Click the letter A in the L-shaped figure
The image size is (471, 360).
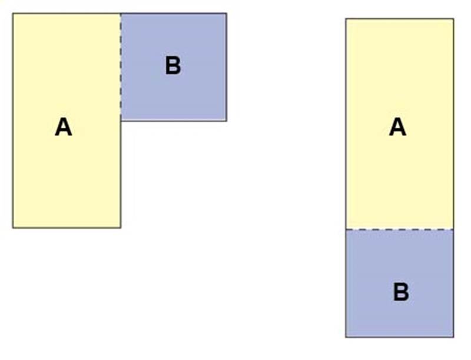click(64, 127)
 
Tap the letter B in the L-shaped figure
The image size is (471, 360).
click(173, 65)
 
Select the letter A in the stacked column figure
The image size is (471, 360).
click(398, 127)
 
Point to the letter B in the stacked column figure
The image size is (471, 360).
click(401, 292)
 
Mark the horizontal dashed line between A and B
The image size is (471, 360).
click(400, 229)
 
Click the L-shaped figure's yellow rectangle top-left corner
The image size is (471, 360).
click(13, 14)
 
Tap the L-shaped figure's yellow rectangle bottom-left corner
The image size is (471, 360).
click(13, 228)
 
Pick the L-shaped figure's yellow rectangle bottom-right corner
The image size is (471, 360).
click(121, 228)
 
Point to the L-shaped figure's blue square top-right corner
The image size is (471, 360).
click(227, 14)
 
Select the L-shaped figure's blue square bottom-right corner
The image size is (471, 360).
click(227, 121)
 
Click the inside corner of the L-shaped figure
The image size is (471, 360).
click(121, 121)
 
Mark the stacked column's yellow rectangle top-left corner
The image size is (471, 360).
click(346, 19)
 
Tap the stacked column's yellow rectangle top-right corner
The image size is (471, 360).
click(453, 19)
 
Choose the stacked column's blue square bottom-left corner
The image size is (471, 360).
click(346, 337)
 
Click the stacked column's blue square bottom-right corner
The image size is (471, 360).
click(453, 337)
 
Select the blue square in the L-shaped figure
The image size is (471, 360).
click(174, 67)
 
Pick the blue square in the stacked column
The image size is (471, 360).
click(400, 284)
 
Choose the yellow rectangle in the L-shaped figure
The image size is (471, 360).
click(67, 121)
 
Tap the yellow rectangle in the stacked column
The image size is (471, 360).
click(400, 124)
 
